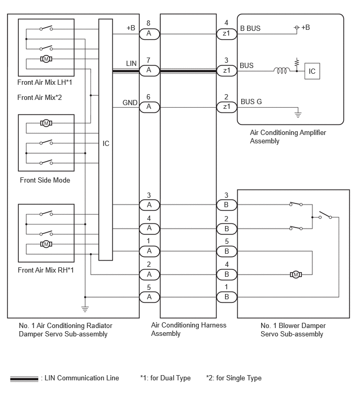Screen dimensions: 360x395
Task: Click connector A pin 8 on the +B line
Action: pyautogui.click(x=150, y=34)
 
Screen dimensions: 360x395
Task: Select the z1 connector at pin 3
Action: pyautogui.click(x=227, y=71)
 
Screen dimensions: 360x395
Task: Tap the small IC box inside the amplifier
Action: pyautogui.click(x=312, y=71)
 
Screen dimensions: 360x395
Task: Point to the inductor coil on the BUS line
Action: pyautogui.click(x=280, y=71)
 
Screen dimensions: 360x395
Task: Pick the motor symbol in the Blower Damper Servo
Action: pyautogui.click(x=296, y=274)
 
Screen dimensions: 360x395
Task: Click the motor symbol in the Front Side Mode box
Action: pyautogui.click(x=46, y=123)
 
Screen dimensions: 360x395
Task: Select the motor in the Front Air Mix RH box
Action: pyautogui.click(x=46, y=244)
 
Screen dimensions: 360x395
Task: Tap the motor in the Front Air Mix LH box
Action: pyautogui.click(x=46, y=59)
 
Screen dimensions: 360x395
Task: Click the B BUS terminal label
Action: pyautogui.click(x=250, y=28)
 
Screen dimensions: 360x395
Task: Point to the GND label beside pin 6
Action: pyautogui.click(x=130, y=103)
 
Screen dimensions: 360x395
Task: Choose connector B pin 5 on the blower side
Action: pyautogui.click(x=227, y=251)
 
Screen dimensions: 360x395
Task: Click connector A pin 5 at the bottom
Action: pyautogui.click(x=150, y=297)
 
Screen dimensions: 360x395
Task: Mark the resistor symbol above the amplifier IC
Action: pyautogui.click(x=297, y=62)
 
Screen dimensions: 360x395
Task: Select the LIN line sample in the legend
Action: pyautogui.click(x=24, y=378)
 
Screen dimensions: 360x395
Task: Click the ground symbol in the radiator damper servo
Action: pyautogui.click(x=85, y=309)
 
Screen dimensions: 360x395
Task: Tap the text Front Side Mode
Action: pyautogui.click(x=45, y=180)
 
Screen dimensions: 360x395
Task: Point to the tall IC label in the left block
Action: pyautogui.click(x=106, y=143)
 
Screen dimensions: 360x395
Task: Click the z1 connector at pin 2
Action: pyautogui.click(x=227, y=107)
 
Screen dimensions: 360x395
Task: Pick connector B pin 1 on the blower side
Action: pyautogui.click(x=227, y=297)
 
